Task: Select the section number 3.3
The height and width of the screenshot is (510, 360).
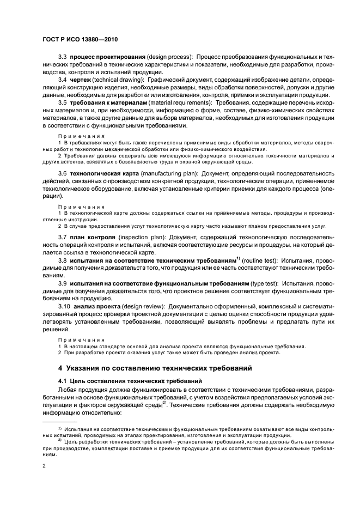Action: point(62,57)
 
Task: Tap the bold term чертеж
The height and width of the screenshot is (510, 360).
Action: point(79,80)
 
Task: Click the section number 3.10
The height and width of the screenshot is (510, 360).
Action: point(64,306)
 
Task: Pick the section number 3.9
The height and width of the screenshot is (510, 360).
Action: point(62,283)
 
